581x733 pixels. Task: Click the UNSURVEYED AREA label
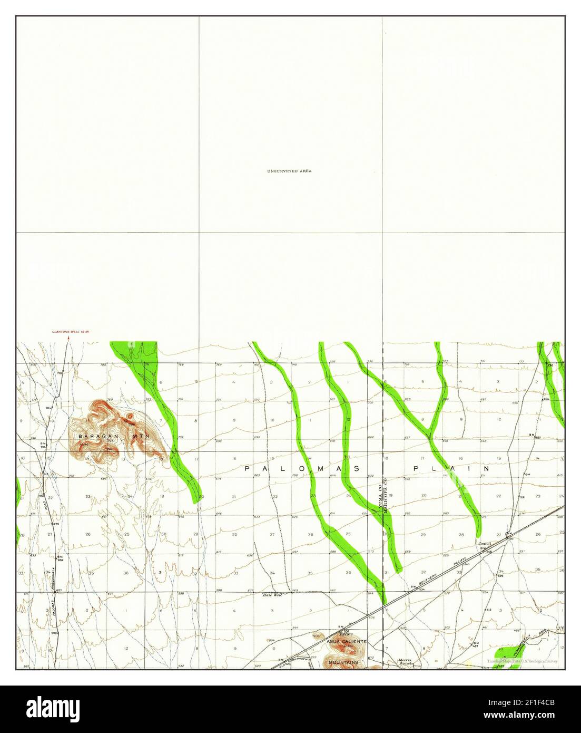[x=289, y=171]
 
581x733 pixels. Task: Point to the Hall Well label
[x=273, y=594]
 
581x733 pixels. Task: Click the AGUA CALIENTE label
[x=346, y=641]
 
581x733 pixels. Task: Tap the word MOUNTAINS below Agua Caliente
[x=343, y=662]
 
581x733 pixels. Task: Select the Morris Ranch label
[x=408, y=662]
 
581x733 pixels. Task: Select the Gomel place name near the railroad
[x=484, y=544]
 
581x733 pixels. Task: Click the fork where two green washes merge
[x=431, y=435]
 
